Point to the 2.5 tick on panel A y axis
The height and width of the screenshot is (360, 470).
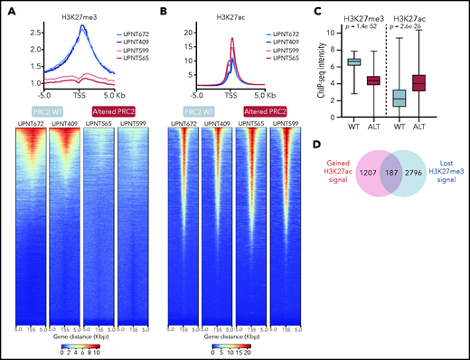pyautogui.click(x=31, y=31)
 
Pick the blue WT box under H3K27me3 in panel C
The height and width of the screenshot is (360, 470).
pyautogui.click(x=355, y=62)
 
